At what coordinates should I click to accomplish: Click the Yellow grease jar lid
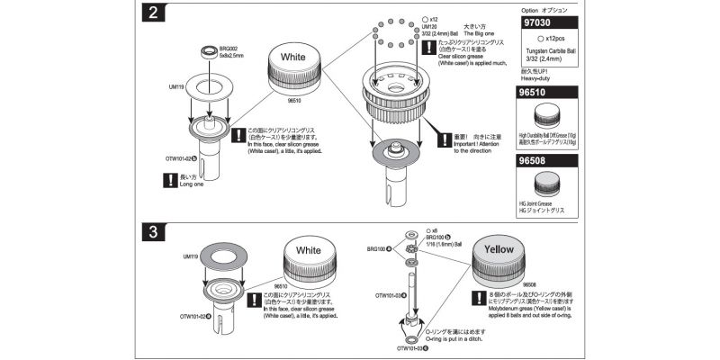[499, 249]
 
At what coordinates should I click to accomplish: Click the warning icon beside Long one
[166, 180]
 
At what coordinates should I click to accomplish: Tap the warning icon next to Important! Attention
[441, 139]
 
